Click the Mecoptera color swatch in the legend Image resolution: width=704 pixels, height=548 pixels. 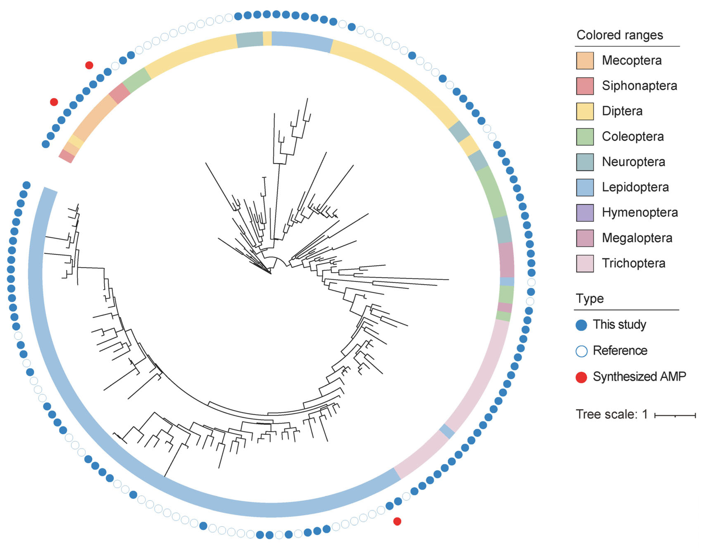tap(585, 61)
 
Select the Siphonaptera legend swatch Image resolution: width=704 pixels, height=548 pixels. tap(585, 86)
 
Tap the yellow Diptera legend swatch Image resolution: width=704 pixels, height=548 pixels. tap(585, 111)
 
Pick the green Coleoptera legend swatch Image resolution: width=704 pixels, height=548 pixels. tap(585, 137)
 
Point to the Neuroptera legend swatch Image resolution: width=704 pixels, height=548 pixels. tap(585, 162)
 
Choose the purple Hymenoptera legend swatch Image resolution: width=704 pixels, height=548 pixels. tap(585, 213)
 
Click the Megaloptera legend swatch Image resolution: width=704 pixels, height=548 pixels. tap(585, 238)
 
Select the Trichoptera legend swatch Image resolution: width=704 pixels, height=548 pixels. tap(585, 263)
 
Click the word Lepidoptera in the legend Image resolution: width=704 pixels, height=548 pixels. tap(635, 187)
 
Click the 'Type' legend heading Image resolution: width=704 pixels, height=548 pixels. tap(590, 299)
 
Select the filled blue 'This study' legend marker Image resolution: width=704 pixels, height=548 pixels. tap(581, 325)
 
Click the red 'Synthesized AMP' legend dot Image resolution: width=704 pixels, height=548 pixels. tap(581, 377)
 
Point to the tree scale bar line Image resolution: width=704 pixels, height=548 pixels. tap(675, 416)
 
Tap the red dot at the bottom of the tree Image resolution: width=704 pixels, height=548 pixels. tap(397, 521)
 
